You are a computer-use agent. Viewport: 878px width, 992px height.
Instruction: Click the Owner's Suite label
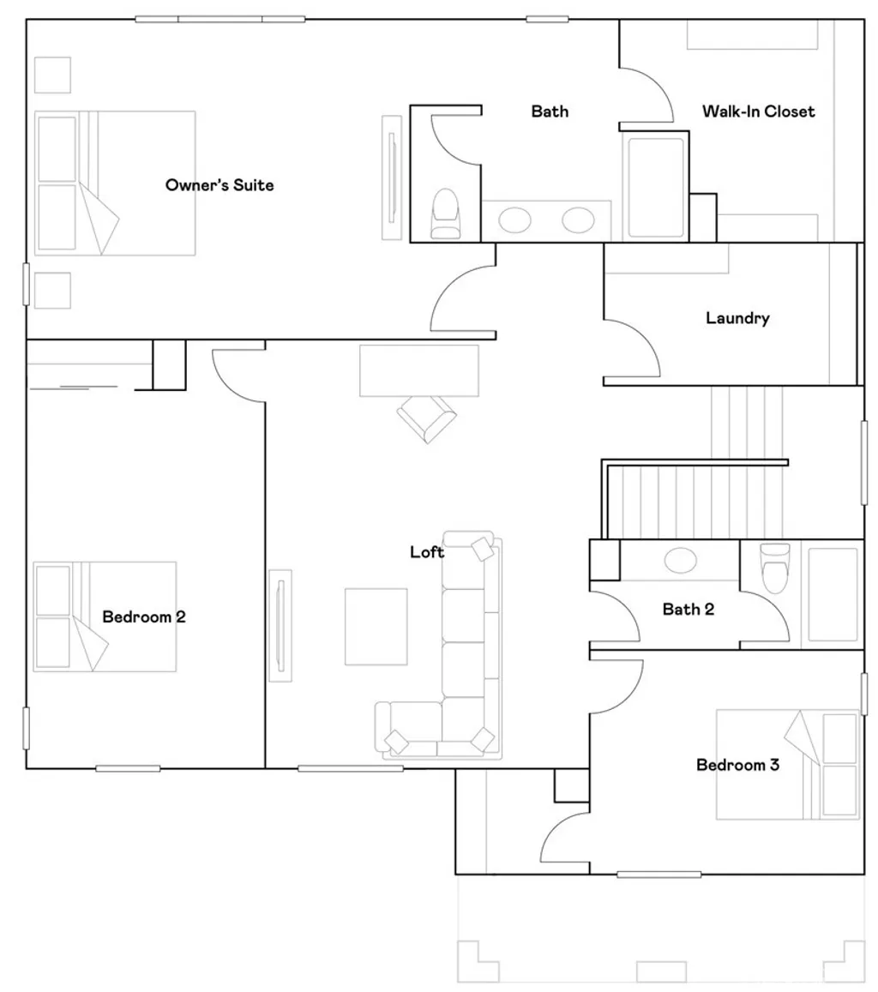(x=219, y=184)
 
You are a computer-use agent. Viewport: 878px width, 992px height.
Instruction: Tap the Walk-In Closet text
(x=759, y=111)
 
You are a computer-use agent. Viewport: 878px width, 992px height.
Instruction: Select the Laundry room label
(x=737, y=317)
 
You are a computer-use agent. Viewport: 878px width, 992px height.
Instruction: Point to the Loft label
(x=427, y=551)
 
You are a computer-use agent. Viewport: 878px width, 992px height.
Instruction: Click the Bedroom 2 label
(x=144, y=616)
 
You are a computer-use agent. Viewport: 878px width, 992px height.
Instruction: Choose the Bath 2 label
(x=689, y=610)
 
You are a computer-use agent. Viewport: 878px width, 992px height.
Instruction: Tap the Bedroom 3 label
(x=737, y=765)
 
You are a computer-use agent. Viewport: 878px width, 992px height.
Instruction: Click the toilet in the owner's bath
(x=445, y=213)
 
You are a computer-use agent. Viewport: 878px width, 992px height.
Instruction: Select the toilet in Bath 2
(x=775, y=568)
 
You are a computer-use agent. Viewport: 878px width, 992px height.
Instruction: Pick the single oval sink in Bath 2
(x=681, y=561)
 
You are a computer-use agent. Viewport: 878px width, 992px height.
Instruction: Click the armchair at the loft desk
(x=426, y=418)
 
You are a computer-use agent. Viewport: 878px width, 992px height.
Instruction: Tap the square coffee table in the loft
(x=376, y=627)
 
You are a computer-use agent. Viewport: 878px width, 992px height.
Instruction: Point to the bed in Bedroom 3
(x=788, y=764)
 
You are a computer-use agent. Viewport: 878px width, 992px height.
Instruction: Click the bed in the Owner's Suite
(x=115, y=183)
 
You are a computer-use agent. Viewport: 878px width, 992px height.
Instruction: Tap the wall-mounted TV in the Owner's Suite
(x=392, y=177)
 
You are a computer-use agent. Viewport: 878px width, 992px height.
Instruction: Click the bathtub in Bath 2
(x=833, y=595)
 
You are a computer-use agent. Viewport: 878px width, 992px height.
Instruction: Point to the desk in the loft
(x=418, y=370)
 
